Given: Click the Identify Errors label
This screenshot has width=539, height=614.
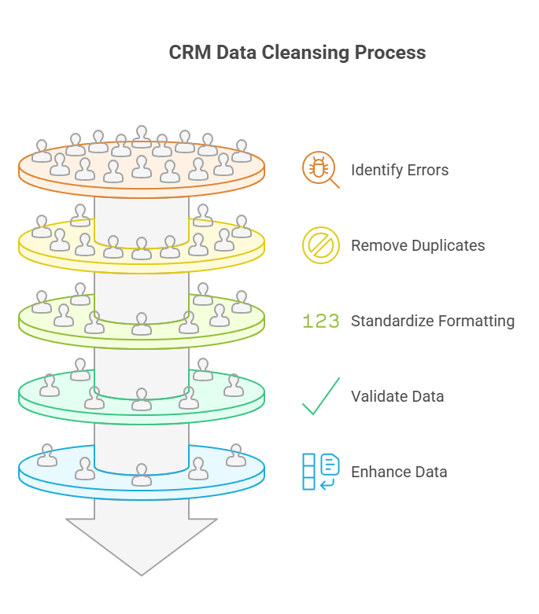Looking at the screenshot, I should (x=400, y=170).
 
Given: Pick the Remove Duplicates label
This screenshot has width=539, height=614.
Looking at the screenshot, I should (x=418, y=245).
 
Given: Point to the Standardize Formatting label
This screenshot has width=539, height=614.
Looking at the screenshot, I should (x=433, y=321).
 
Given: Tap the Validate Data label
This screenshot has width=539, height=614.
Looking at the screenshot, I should (x=397, y=396).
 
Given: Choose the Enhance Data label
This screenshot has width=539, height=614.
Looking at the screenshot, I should (x=399, y=472).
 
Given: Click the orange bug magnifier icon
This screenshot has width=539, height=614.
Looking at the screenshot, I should (x=319, y=170).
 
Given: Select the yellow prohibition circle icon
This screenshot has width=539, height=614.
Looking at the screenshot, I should (x=320, y=245).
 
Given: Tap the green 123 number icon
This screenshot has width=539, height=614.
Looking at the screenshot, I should (x=321, y=322).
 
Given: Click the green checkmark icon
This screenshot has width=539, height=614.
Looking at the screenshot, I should (x=320, y=396).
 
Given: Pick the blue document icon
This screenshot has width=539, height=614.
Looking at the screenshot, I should (x=321, y=471).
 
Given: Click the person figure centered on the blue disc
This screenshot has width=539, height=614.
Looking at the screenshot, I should (x=142, y=475).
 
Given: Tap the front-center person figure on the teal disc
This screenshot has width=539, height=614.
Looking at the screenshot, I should (x=142, y=399).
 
